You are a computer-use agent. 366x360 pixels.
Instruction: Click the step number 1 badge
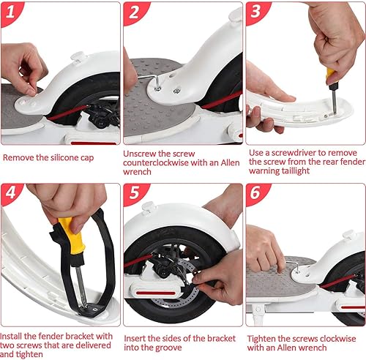click(x=12, y=12)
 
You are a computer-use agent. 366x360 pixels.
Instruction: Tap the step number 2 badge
click(x=134, y=12)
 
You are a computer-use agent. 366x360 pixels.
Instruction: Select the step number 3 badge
click(x=256, y=12)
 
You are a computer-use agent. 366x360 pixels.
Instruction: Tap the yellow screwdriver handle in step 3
click(x=331, y=75)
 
